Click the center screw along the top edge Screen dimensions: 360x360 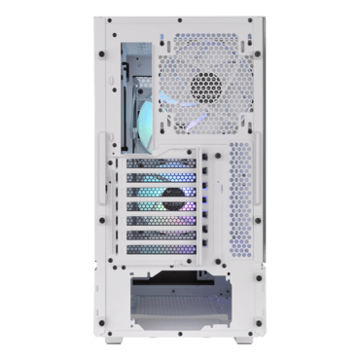click(x=180, y=20)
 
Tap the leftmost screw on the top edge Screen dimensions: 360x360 click(x=108, y=20)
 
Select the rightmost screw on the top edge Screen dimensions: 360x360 click(x=252, y=20)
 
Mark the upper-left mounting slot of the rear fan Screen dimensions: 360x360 click(x=163, y=41)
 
